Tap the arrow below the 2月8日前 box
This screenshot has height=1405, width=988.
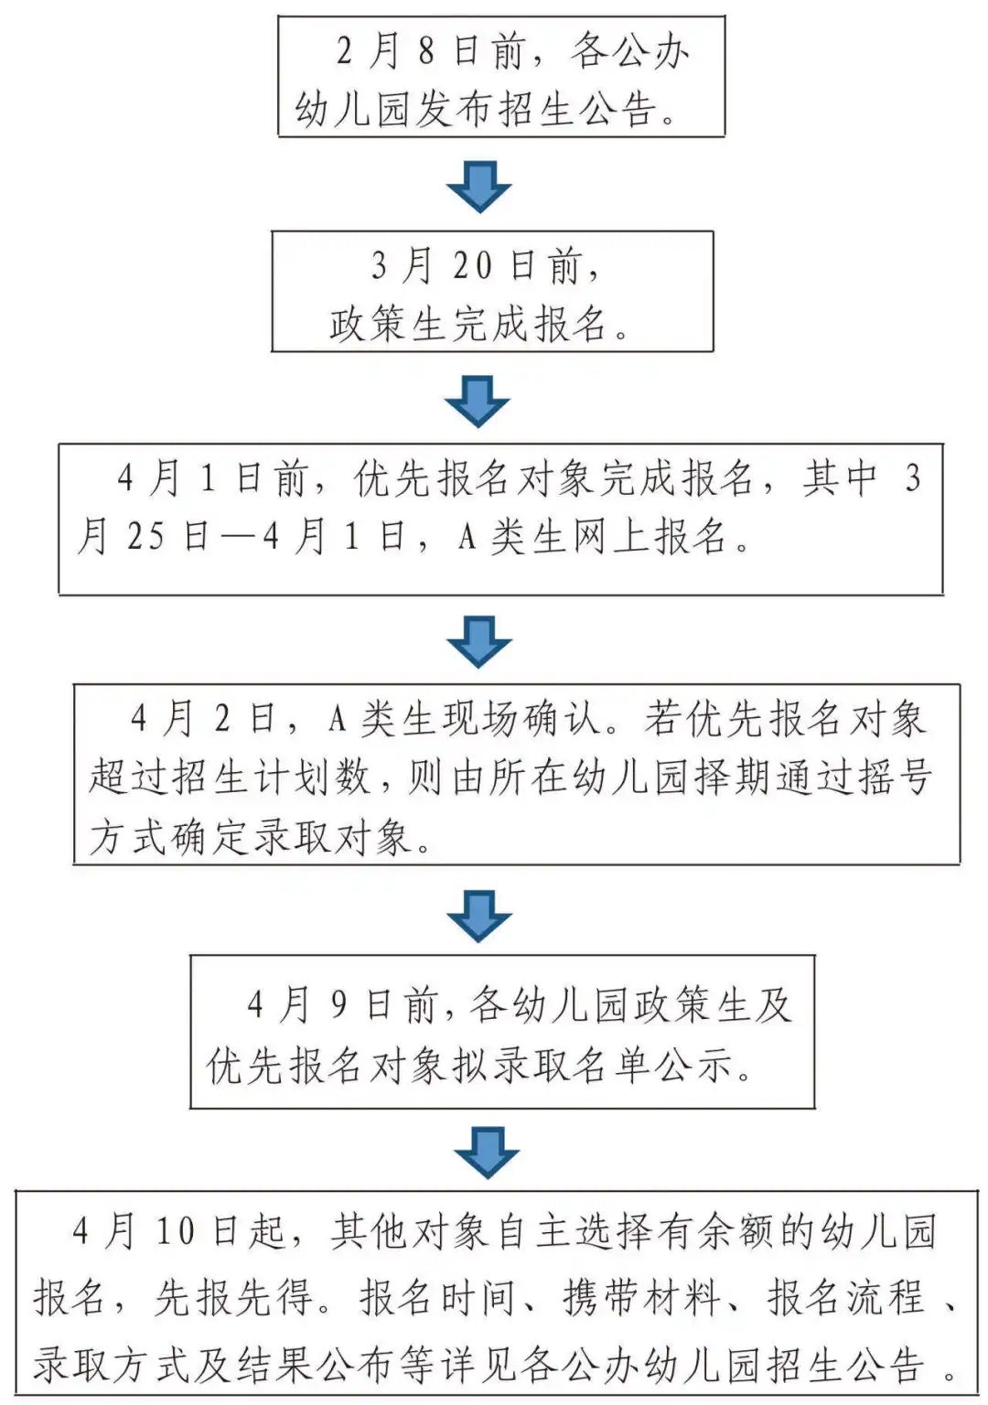478,187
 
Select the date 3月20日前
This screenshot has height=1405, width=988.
484,265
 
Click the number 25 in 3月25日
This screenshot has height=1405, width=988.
145,537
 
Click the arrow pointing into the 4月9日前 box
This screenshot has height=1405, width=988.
478,915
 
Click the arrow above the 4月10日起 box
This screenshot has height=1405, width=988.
486,1152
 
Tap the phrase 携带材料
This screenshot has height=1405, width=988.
641,1297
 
